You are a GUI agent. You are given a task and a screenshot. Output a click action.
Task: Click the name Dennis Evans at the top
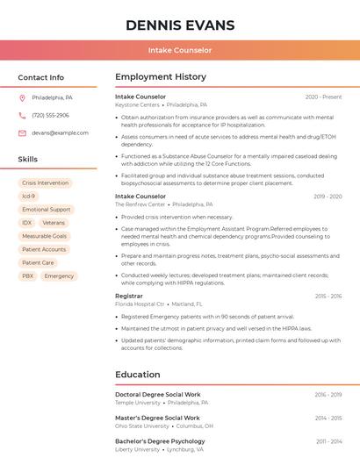pyautogui.click(x=180, y=25)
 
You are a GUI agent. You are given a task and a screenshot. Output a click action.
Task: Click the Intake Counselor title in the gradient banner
pyautogui.click(x=180, y=50)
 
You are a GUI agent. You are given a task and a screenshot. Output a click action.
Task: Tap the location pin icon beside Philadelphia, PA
pyautogui.click(x=22, y=97)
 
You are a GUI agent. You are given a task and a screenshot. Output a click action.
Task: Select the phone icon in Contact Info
pyautogui.click(x=22, y=115)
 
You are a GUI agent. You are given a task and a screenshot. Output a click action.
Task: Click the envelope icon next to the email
pyautogui.click(x=22, y=132)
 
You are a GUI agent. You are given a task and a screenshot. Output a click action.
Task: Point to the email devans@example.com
pyautogui.click(x=60, y=132)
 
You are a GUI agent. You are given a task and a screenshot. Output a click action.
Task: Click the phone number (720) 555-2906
pyautogui.click(x=50, y=115)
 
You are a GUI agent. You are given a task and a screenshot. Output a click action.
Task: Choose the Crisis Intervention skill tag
pyautogui.click(x=45, y=183)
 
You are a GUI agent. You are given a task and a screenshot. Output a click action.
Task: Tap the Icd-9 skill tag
pyautogui.click(x=29, y=197)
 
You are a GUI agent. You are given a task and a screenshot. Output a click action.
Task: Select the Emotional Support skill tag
pyautogui.click(x=46, y=210)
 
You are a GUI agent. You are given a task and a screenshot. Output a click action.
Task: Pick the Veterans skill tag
pyautogui.click(x=54, y=223)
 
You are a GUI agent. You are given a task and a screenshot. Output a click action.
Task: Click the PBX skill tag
pyautogui.click(x=28, y=275)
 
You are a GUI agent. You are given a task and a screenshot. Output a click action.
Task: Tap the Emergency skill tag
pyautogui.click(x=59, y=275)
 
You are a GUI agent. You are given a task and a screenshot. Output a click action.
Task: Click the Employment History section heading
pyautogui.click(x=161, y=77)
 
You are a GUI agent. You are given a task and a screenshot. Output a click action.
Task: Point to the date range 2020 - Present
pyautogui.click(x=323, y=97)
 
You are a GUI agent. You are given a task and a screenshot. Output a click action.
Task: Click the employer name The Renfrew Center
pyautogui.click(x=140, y=204)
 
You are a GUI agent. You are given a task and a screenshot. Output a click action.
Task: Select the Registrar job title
pyautogui.click(x=128, y=296)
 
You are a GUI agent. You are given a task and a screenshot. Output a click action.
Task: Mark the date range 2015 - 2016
pyautogui.click(x=328, y=296)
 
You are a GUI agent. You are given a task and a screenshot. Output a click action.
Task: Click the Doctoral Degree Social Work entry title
pyautogui.click(x=157, y=395)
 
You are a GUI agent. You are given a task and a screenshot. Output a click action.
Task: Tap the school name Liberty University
pyautogui.click(x=137, y=449)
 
